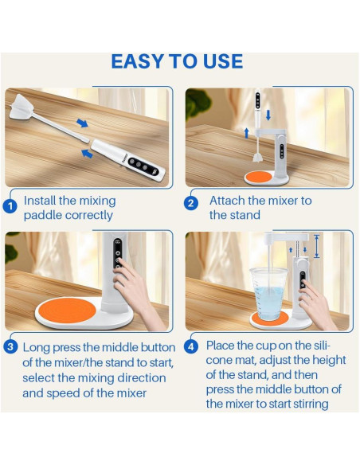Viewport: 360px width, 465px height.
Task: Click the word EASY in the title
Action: pos(138,61)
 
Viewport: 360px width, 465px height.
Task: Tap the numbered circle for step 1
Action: pos(10,205)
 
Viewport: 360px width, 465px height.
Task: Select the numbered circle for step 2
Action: pos(191,204)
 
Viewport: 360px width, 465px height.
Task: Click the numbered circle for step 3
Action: pos(10,346)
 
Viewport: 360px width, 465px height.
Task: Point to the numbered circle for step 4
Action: pos(191,346)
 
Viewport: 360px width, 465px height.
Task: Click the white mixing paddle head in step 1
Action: pos(21,107)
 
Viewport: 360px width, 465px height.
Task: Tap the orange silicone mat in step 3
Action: pos(67,311)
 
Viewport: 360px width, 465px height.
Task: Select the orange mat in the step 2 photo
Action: pos(258,178)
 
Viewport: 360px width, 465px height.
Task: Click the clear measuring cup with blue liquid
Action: pos(268,294)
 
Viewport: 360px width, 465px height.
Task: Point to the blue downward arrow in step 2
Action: pos(268,115)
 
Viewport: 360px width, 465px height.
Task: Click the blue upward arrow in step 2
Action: pos(246,133)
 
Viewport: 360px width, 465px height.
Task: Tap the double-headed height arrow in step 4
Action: pos(317,246)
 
